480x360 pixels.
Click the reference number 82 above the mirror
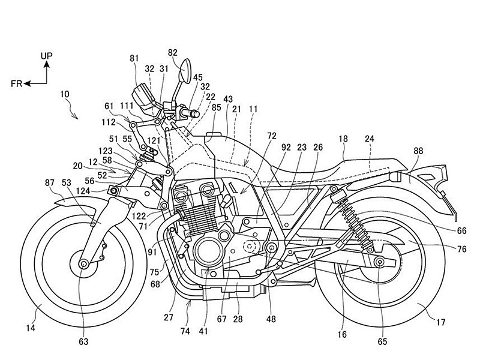pyautogui.click(x=173, y=53)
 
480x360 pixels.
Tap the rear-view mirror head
pyautogui.click(x=186, y=71)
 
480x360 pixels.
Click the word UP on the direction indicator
pyautogui.click(x=47, y=56)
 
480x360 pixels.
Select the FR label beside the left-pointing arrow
pyautogui.click(x=17, y=83)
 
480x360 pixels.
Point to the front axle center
pyautogui.click(x=83, y=263)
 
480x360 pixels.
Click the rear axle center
pyautogui.click(x=380, y=262)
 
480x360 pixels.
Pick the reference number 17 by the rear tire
pyautogui.click(x=441, y=322)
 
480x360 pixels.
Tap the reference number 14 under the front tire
pyautogui.click(x=31, y=328)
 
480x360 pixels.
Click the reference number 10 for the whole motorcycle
pyautogui.click(x=65, y=94)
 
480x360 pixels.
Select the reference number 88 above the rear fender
pyautogui.click(x=418, y=151)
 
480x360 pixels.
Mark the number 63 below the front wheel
pyautogui.click(x=83, y=341)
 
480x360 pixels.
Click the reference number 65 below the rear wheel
pyautogui.click(x=382, y=341)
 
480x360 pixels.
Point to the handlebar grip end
pyautogui.click(x=196, y=114)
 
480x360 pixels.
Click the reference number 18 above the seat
pyautogui.click(x=343, y=139)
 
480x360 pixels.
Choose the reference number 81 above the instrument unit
pyautogui.click(x=134, y=58)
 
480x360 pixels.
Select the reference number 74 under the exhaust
pyautogui.click(x=185, y=331)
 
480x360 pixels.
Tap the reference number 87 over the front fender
pyautogui.click(x=50, y=183)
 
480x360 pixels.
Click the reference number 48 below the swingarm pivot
pyautogui.click(x=271, y=319)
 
